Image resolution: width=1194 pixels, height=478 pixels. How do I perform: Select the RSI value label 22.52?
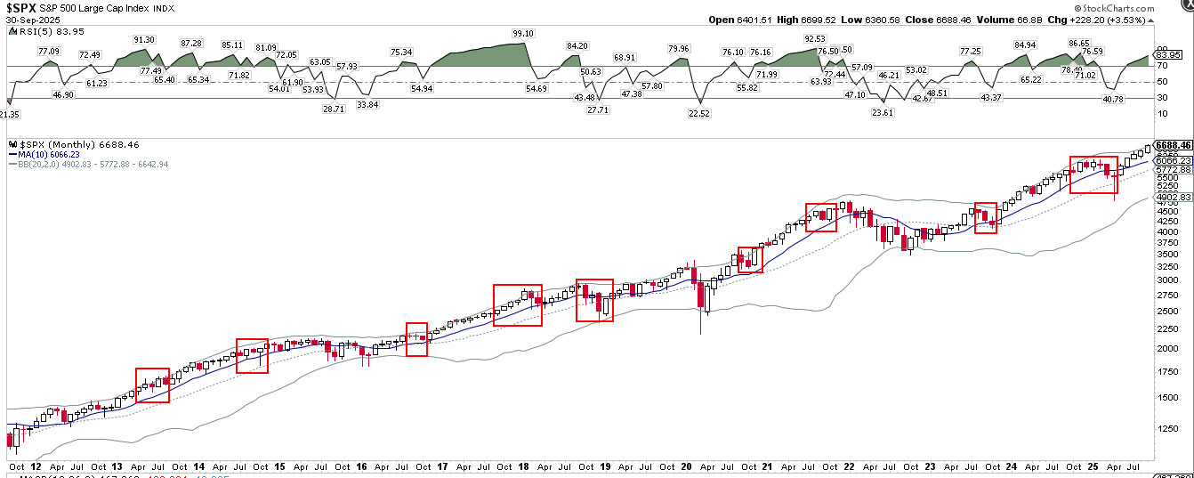[x=700, y=113]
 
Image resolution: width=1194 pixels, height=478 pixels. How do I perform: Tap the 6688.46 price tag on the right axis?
[x=1174, y=144]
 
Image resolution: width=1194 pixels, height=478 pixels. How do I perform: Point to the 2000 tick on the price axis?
[x=1166, y=348]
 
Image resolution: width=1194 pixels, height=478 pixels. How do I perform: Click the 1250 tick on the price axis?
[x=1166, y=428]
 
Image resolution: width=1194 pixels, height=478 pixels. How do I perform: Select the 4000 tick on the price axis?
[x=1166, y=231]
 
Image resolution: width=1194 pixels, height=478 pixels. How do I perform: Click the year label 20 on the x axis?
[x=687, y=466]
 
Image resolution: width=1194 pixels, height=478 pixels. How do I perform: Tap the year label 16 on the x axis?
[x=360, y=466]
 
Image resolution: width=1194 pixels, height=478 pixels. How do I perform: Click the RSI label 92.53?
[x=815, y=39]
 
